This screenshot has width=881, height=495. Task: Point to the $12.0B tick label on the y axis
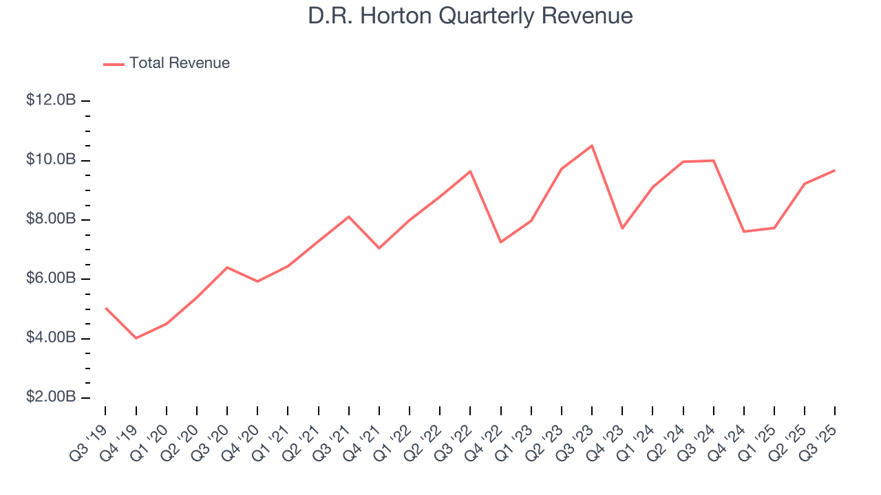pyautogui.click(x=51, y=100)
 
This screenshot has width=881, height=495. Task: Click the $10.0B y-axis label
pyautogui.click(x=51, y=160)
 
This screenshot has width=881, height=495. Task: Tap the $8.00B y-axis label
pyautogui.click(x=51, y=219)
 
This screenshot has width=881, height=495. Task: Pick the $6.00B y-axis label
pyautogui.click(x=51, y=279)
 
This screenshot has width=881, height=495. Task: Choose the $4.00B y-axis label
pyautogui.click(x=51, y=338)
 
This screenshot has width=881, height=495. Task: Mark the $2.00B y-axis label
pyautogui.click(x=51, y=398)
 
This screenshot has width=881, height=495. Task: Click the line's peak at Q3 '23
pyautogui.click(x=592, y=146)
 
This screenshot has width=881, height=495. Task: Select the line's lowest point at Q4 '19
pyautogui.click(x=136, y=338)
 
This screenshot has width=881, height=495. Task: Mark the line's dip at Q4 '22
pyautogui.click(x=500, y=242)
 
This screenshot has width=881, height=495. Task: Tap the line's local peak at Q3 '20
pyautogui.click(x=227, y=267)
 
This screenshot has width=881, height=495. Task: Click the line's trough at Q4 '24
pyautogui.click(x=744, y=232)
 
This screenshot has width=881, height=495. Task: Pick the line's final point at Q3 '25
pyautogui.click(x=835, y=170)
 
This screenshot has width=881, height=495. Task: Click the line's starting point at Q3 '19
pyautogui.click(x=106, y=308)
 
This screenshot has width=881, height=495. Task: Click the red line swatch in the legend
pyautogui.click(x=114, y=64)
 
